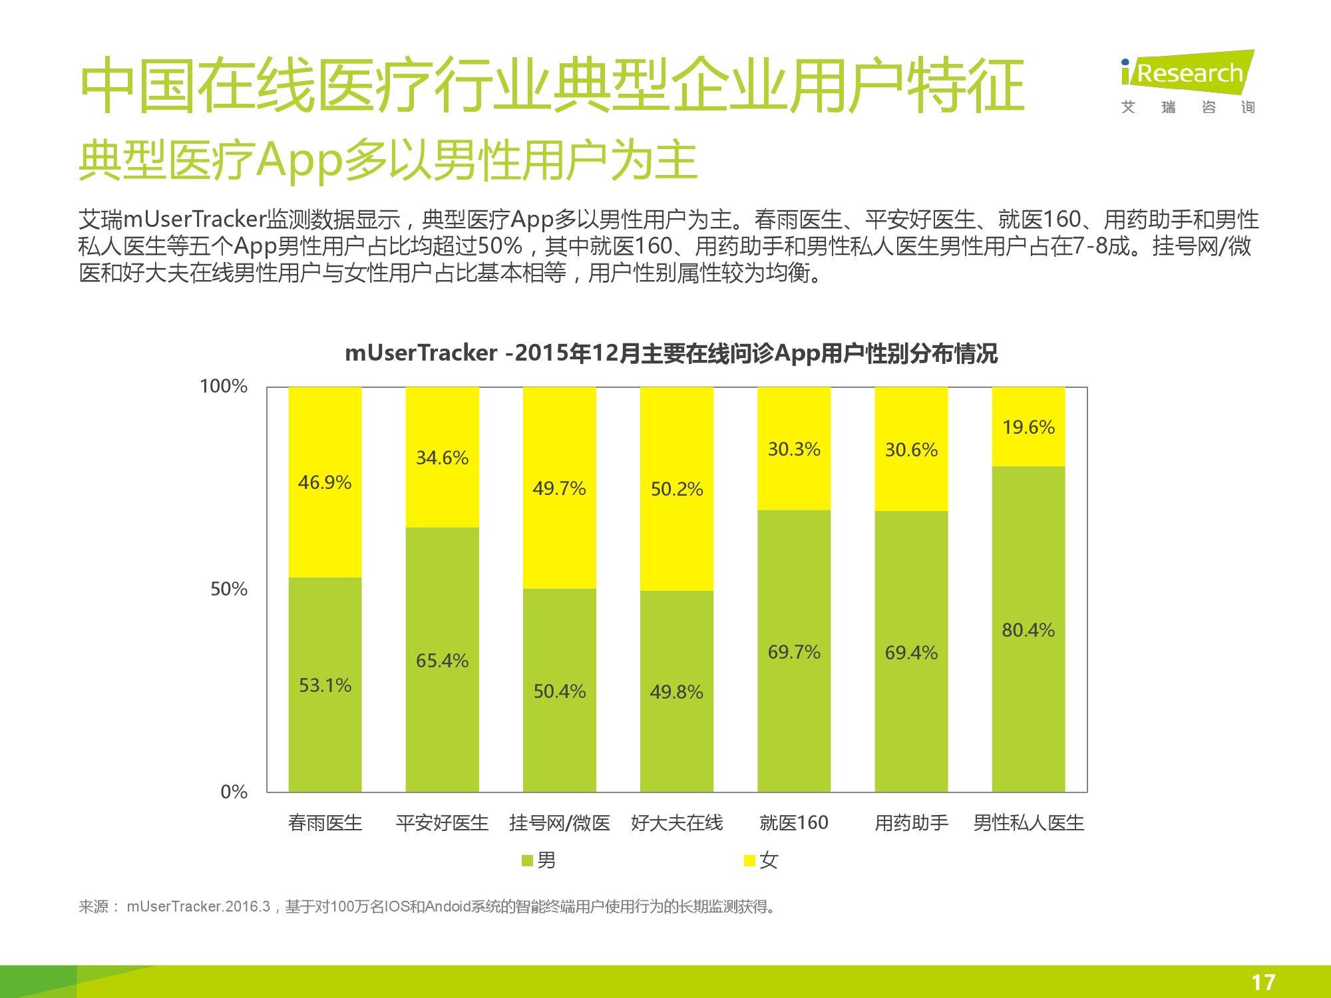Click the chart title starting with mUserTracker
pos(671,353)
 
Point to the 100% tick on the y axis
pos(224,386)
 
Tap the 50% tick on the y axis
pos(229,589)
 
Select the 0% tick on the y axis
pos(234,792)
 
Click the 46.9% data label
pos(325,482)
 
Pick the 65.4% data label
pos(442,661)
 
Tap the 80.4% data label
pos(1028,630)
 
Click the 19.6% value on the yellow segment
pos(1028,427)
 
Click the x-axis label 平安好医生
pos(442,823)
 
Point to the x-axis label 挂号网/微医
pos(560,823)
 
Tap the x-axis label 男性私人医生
pos(1028,823)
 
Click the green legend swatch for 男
pos(528,861)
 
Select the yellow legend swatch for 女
pos(750,861)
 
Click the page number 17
pos(1263,982)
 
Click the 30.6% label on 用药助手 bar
pos(911,450)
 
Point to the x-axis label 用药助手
pos(911,823)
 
